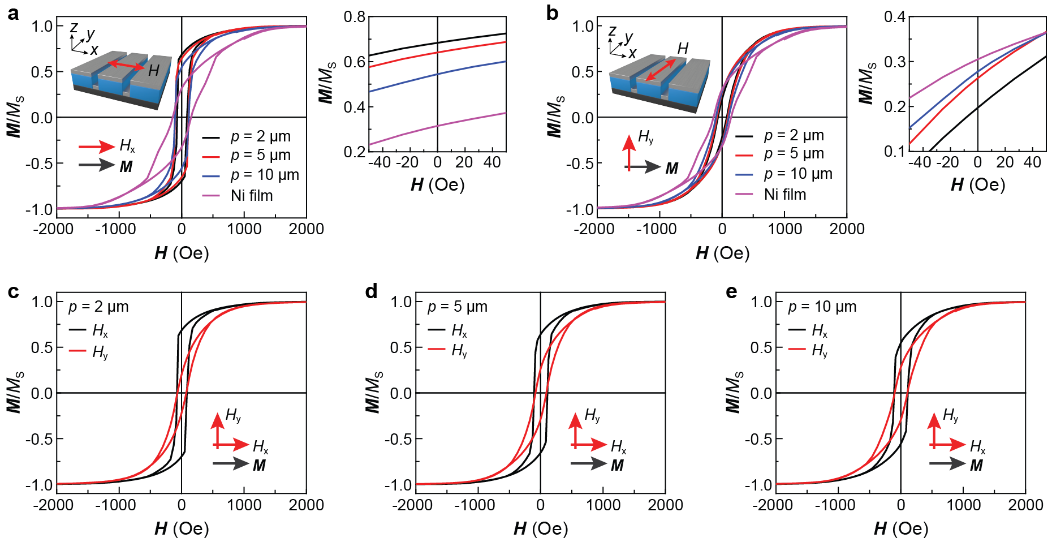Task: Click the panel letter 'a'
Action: click(x=12, y=14)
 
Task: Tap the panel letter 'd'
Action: click(x=371, y=292)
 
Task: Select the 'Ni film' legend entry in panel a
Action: click(x=252, y=196)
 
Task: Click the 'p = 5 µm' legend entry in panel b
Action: click(x=794, y=154)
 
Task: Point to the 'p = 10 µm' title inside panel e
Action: click(x=822, y=307)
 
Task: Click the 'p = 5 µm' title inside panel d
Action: click(x=457, y=307)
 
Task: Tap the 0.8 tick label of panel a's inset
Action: click(x=355, y=16)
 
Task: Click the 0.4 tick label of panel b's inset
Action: click(x=895, y=16)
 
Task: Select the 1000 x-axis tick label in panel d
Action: click(x=603, y=505)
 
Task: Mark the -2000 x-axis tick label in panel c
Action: click(x=54, y=505)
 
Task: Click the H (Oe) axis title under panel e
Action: click(x=901, y=528)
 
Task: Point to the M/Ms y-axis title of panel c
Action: click(x=15, y=393)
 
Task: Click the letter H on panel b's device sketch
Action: click(x=683, y=49)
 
